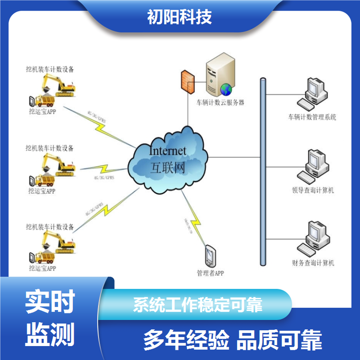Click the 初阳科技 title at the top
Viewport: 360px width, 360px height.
[x=180, y=17]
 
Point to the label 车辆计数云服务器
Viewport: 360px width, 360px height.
[x=216, y=102]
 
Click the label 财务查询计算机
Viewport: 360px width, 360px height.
[x=313, y=263]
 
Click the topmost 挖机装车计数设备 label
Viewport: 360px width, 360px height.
[x=50, y=69]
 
